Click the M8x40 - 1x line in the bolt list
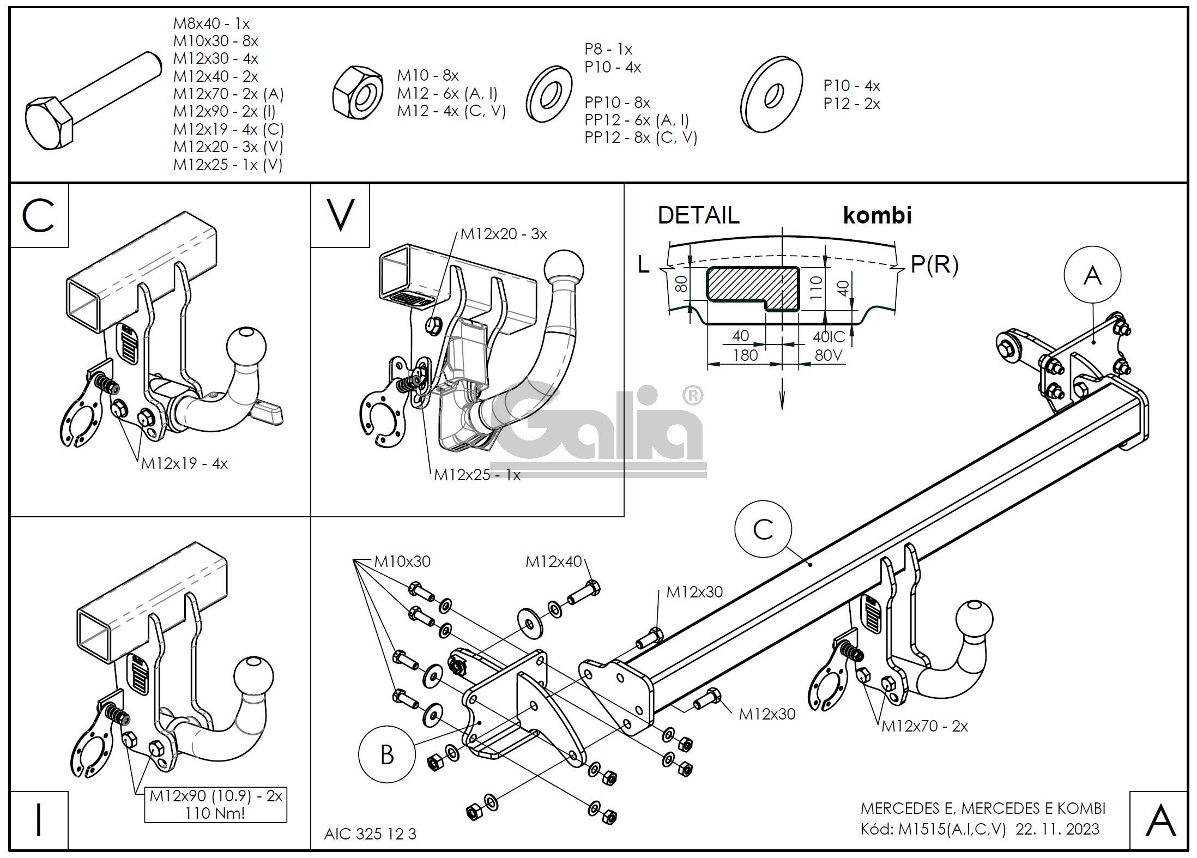(211, 23)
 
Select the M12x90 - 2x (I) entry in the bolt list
(224, 112)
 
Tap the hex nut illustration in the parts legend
(358, 93)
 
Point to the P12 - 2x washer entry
(851, 104)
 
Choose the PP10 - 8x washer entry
(617, 102)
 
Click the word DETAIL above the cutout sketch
(698, 215)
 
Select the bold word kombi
(877, 215)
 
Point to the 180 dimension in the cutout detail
(745, 355)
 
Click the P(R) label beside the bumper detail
(934, 264)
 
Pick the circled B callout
(386, 755)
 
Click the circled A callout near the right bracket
(1092, 276)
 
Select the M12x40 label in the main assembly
(554, 562)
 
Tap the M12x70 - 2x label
(924, 726)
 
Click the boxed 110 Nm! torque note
(215, 813)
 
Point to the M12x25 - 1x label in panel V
(477, 475)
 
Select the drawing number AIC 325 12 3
(370, 834)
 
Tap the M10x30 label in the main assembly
(402, 561)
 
